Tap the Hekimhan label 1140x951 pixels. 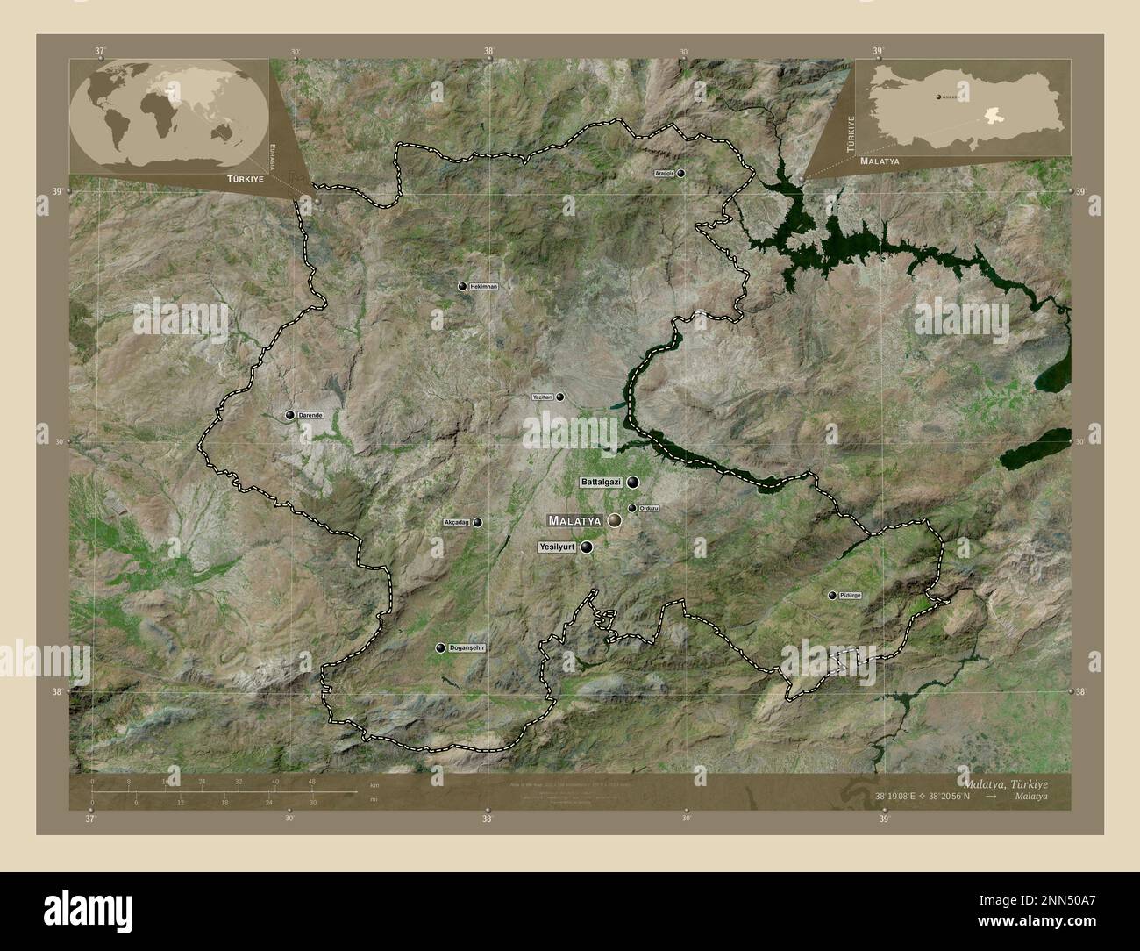click(483, 287)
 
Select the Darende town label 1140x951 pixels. click(310, 415)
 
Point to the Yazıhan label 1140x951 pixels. click(543, 397)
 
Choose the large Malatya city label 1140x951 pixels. click(574, 520)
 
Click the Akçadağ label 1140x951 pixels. click(458, 523)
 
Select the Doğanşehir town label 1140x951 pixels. click(467, 647)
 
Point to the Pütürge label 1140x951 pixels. click(851, 596)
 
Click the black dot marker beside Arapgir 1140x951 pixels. click(681, 174)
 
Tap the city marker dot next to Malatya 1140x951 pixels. click(615, 520)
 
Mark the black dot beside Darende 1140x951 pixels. click(289, 415)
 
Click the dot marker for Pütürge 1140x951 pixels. click(831, 596)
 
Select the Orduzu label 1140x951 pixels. click(649, 509)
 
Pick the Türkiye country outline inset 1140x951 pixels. click(962, 109)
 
